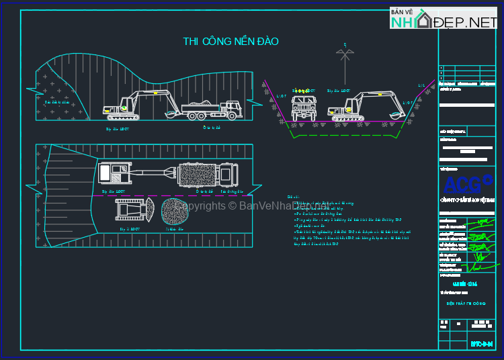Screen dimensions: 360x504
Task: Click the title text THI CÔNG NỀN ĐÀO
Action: tap(230, 42)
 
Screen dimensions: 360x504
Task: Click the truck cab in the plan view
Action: tap(227, 175)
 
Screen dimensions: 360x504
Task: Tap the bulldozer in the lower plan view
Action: tap(132, 210)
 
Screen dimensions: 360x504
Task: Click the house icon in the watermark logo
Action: tap(423, 21)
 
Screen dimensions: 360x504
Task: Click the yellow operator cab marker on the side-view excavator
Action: tap(124, 107)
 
